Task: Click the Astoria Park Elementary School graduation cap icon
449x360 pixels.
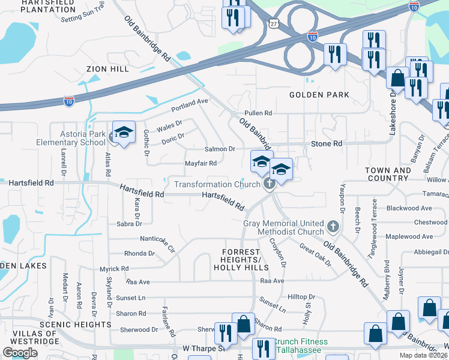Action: coord(123,133)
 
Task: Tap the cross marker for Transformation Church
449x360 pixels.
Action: coord(270,184)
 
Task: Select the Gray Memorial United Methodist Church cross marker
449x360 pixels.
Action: coord(334,227)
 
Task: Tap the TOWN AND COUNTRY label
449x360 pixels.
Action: coord(388,174)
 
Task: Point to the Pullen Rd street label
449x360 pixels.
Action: coord(258,113)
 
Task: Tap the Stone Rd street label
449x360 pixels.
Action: coord(326,144)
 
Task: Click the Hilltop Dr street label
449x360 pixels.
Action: coord(301,297)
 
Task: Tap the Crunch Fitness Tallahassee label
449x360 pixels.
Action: coord(301,346)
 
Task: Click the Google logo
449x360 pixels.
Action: coord(20,353)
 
